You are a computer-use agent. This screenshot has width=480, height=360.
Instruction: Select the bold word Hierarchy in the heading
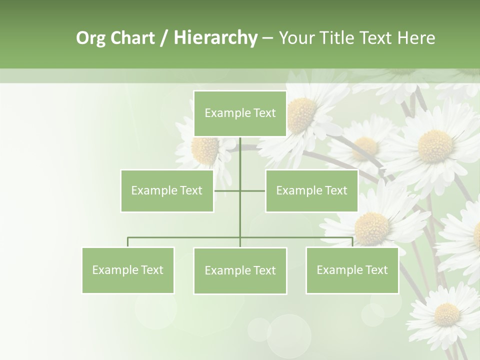pyautogui.click(x=215, y=38)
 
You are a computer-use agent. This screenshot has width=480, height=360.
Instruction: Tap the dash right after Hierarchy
pyautogui.click(x=267, y=38)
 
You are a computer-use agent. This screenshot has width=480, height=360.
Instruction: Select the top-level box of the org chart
pyautogui.click(x=240, y=113)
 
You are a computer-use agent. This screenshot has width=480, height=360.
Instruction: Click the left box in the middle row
pyautogui.click(x=167, y=190)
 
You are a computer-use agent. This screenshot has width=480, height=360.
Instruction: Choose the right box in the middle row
pyautogui.click(x=311, y=190)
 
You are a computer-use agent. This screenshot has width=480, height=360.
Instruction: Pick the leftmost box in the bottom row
pyautogui.click(x=128, y=270)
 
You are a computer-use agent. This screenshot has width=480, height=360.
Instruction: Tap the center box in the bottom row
pyautogui.click(x=240, y=270)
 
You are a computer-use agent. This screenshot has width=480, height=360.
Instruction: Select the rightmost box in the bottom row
pyautogui.click(x=352, y=270)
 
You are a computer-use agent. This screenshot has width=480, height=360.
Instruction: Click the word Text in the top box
pyautogui.click(x=264, y=113)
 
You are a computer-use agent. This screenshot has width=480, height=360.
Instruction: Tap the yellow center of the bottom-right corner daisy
pyautogui.click(x=446, y=314)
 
